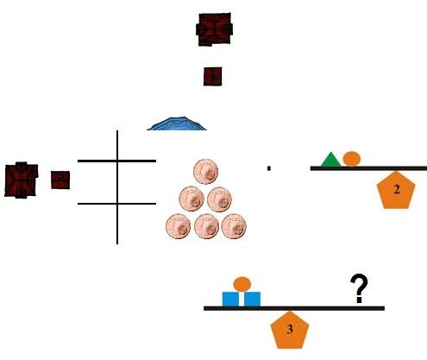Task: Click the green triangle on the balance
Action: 330,161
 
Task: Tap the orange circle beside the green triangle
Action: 352,159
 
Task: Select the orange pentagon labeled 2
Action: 396,191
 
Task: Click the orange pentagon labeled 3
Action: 290,330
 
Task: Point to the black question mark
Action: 359,288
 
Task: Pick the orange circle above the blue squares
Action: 242,284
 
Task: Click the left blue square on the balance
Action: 230,300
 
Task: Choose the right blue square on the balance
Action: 253,300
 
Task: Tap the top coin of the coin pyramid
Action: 205,172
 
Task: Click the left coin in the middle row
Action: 192,199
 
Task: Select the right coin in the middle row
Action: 219,199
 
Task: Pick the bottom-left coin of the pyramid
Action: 179,226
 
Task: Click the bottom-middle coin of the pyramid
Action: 206,226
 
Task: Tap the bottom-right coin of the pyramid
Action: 234,226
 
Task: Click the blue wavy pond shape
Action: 177,124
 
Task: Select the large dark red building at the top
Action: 214,29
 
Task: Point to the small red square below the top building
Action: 213,77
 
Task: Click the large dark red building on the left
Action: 21,180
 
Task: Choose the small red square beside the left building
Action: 60,180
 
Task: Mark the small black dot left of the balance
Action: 269,168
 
